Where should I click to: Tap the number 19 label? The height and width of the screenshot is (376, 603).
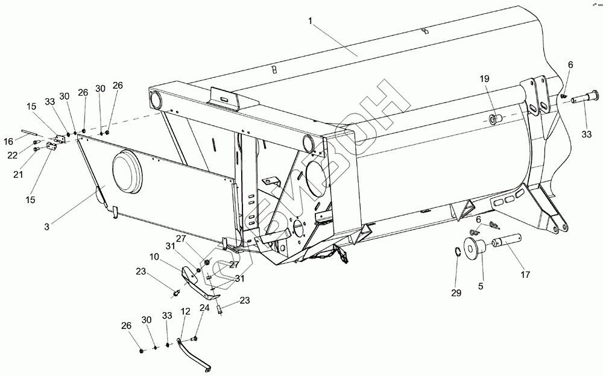click(x=485, y=80)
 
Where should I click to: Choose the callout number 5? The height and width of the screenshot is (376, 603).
click(x=481, y=286)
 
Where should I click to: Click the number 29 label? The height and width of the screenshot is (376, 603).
click(x=456, y=293)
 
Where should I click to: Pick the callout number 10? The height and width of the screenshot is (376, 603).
click(x=155, y=257)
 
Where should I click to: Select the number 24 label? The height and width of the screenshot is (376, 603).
click(x=204, y=307)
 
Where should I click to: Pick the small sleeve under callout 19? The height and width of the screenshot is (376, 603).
click(x=496, y=118)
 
